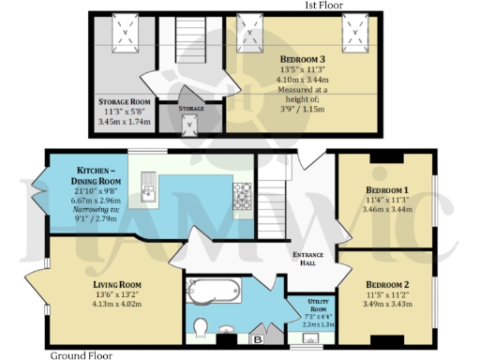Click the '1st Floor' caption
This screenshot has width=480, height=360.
tap(324, 6)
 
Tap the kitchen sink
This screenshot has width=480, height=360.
tap(148, 193)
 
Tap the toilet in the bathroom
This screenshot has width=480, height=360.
tap(199, 326)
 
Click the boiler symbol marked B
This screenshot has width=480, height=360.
tap(259, 338)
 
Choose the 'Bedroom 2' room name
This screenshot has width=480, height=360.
tap(386, 284)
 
